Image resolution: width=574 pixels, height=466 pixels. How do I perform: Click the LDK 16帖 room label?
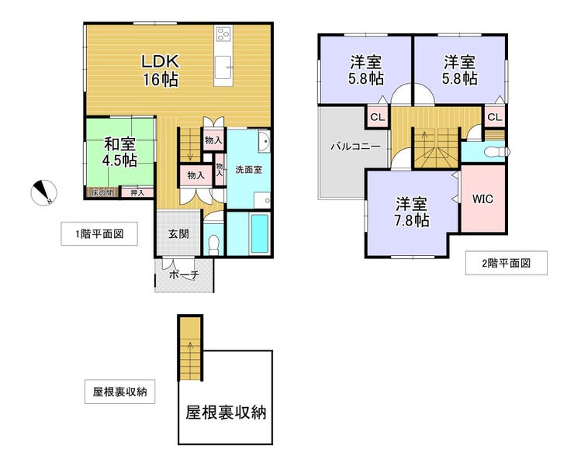161,71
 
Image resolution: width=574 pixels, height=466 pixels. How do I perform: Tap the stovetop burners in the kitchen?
223,34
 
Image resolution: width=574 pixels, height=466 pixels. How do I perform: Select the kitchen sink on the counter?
223,67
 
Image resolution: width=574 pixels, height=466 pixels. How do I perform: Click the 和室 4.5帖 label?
119,152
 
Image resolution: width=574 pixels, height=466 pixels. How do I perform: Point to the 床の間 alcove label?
102,192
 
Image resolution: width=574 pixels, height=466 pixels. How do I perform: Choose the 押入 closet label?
137,192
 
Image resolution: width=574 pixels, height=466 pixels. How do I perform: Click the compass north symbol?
43,193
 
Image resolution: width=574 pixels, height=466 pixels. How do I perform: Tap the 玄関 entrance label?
178,233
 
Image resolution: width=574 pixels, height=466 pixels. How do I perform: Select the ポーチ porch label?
184,274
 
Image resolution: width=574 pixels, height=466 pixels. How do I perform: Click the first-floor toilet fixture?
213,243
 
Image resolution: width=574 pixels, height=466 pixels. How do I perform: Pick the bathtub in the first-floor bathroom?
260,233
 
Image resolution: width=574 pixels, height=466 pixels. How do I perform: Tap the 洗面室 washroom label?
248,170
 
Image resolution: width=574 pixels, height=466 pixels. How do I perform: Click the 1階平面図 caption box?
99,233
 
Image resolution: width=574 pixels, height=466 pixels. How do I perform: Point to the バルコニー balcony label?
356,147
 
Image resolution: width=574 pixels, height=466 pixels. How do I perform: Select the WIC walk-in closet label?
482,199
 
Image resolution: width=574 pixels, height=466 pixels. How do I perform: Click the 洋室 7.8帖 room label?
411,212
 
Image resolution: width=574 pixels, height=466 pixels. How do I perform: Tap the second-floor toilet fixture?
496,152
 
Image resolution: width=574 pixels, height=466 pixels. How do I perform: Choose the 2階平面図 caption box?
507,263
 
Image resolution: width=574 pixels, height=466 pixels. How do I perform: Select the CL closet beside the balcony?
378,117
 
